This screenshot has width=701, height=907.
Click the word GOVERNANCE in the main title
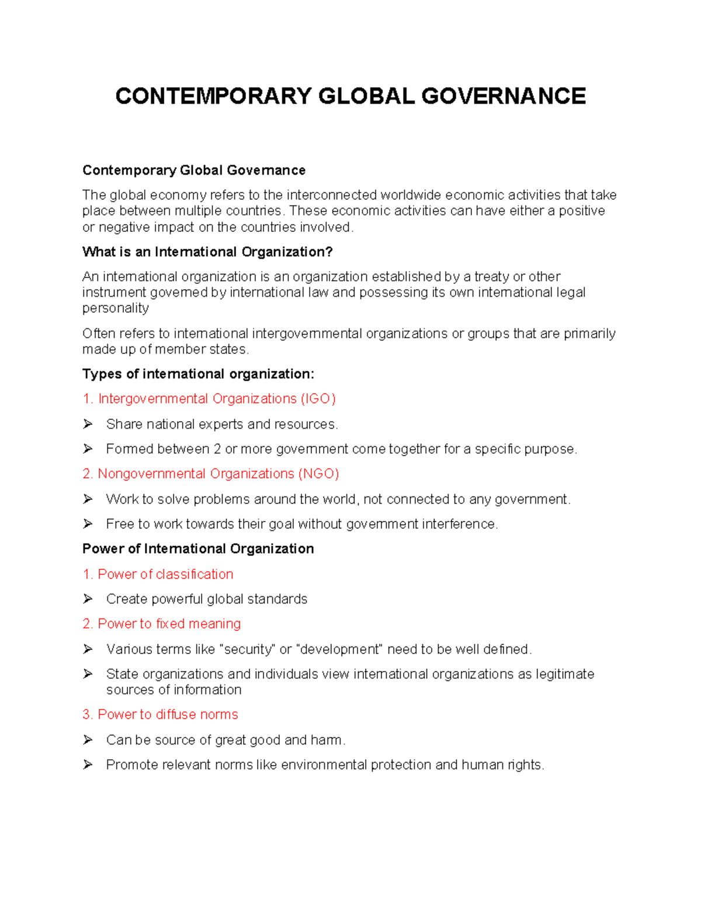click(504, 96)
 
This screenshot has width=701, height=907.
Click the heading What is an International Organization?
click(207, 252)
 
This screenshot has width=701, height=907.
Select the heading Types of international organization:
click(198, 374)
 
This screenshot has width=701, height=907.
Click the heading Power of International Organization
click(198, 549)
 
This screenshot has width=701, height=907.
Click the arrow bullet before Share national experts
click(88, 424)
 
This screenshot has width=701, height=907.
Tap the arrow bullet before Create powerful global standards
click(88, 599)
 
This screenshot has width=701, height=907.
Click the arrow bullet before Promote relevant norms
click(88, 765)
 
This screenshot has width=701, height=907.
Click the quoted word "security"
click(247, 649)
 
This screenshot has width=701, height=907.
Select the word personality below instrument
click(116, 308)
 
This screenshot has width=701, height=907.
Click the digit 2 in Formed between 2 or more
click(217, 449)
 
